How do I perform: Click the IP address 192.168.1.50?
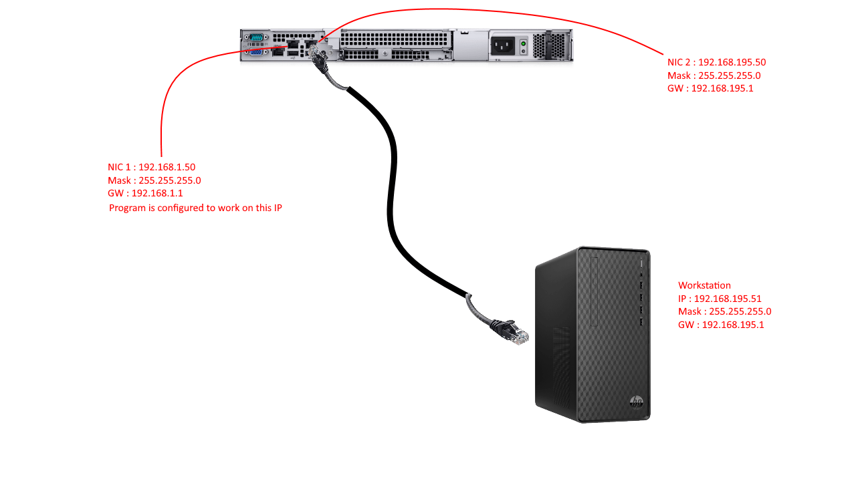167,167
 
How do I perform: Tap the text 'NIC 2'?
679,62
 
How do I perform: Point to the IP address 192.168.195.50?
732,62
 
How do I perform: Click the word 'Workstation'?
704,285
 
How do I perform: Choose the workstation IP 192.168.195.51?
728,299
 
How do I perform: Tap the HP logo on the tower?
636,402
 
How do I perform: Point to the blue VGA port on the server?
255,51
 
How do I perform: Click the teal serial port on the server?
255,38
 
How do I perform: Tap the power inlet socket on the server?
504,45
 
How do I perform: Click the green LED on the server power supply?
524,43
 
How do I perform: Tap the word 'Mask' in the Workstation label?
690,311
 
